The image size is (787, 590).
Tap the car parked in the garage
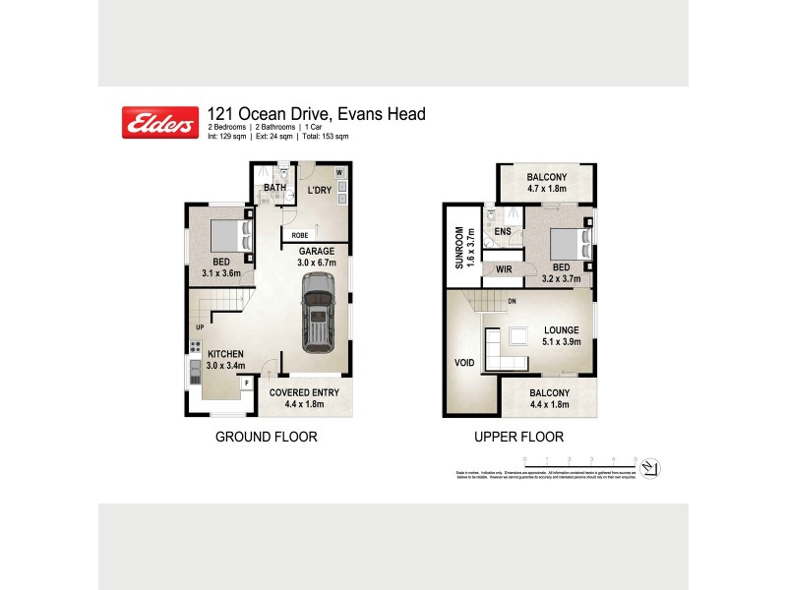318,314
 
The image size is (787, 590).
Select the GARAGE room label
317,251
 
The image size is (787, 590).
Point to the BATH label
273,189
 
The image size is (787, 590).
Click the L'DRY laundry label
318,190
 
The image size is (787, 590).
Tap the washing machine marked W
340,174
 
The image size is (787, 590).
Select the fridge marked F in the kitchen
246,382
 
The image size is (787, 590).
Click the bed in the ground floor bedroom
229,236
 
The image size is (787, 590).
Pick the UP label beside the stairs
200,326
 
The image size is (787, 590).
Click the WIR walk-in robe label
503,267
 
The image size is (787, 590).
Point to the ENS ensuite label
503,232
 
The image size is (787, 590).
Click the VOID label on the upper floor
463,363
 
